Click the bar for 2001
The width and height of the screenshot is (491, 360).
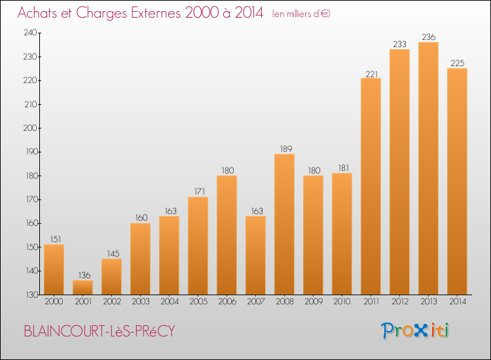82,287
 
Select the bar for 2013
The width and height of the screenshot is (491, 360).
428,168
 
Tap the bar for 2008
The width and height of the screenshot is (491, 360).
284,224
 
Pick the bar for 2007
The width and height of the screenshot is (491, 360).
255,255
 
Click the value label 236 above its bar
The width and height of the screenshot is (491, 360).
428,37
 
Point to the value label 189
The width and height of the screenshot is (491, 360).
286,149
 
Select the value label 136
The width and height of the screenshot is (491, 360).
84,275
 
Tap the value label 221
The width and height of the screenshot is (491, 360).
372,74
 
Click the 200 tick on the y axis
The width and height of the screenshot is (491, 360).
30,128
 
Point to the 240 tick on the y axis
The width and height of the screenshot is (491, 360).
30,33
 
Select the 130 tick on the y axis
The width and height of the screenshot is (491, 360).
31,295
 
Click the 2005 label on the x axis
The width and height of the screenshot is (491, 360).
198,302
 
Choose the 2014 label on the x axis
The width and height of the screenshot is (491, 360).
458,302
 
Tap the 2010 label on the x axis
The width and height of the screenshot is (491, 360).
342,302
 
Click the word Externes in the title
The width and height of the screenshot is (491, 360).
156,13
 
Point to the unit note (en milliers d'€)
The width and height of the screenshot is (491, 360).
301,14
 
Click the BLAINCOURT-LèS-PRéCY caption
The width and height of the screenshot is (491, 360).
100,331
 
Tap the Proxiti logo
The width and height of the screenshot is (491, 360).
415,331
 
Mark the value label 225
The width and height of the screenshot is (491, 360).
457,63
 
